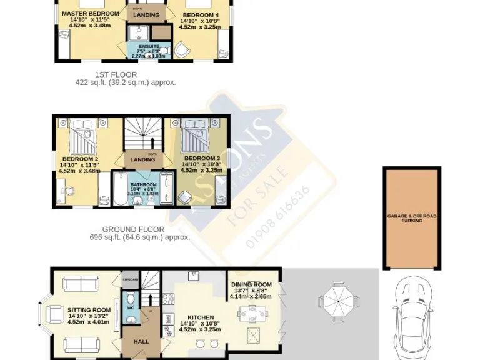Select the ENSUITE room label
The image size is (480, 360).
pos(149,47)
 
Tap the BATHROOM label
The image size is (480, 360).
pos(143,185)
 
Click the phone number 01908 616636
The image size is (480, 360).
pos(279,216)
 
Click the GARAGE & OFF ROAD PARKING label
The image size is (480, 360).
pos(412,217)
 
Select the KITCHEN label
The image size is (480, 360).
pos(196,317)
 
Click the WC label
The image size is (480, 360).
pos(130,308)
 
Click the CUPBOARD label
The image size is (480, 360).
pos(130,279)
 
